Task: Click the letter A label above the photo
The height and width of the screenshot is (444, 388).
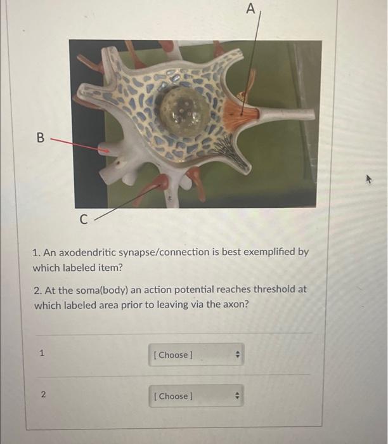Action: [251, 9]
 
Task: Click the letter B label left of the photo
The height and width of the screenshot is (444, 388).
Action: [41, 137]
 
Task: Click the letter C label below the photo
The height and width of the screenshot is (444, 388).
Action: [84, 220]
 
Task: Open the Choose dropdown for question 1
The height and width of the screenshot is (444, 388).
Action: [197, 355]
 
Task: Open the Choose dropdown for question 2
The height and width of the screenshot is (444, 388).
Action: [197, 396]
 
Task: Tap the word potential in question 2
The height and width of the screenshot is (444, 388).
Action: [190, 289]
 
